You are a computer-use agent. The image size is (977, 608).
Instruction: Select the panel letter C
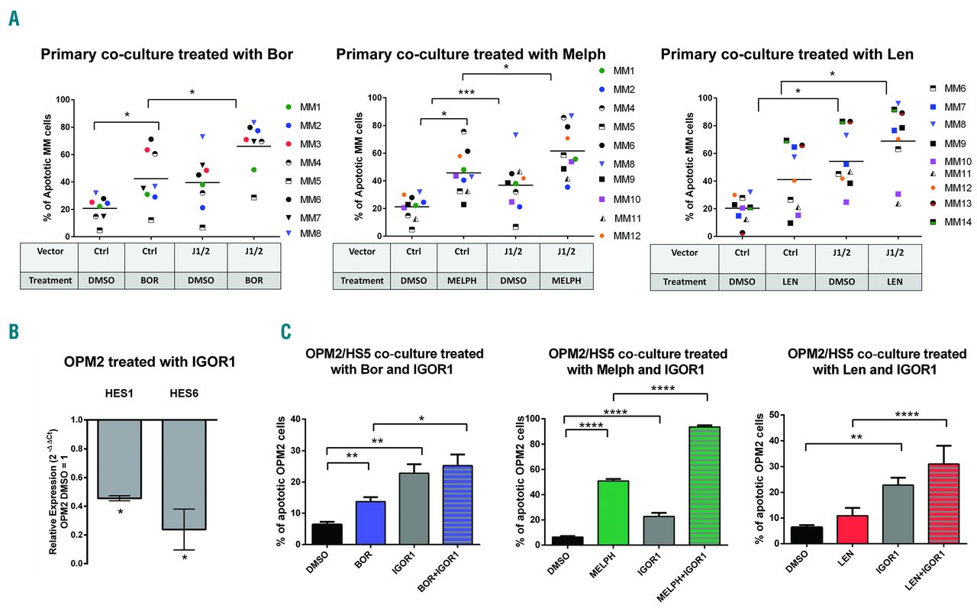285,332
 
